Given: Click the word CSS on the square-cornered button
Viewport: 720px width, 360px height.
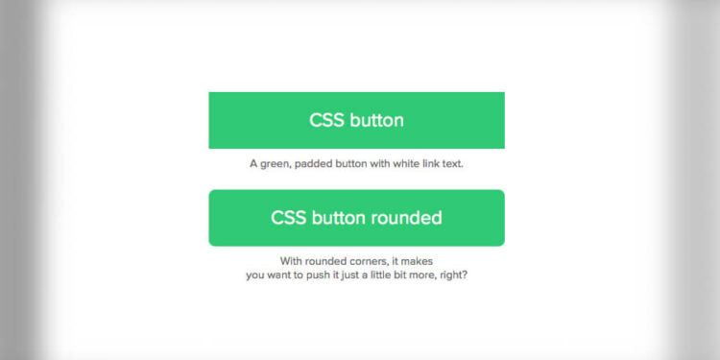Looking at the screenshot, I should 327,121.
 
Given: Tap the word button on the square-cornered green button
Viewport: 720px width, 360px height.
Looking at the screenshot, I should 376,121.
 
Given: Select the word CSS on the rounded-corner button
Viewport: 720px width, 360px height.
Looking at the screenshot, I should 289,218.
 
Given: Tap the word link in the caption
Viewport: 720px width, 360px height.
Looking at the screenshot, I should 434,164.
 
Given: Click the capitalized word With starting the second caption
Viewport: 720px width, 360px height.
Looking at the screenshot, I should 291,261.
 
